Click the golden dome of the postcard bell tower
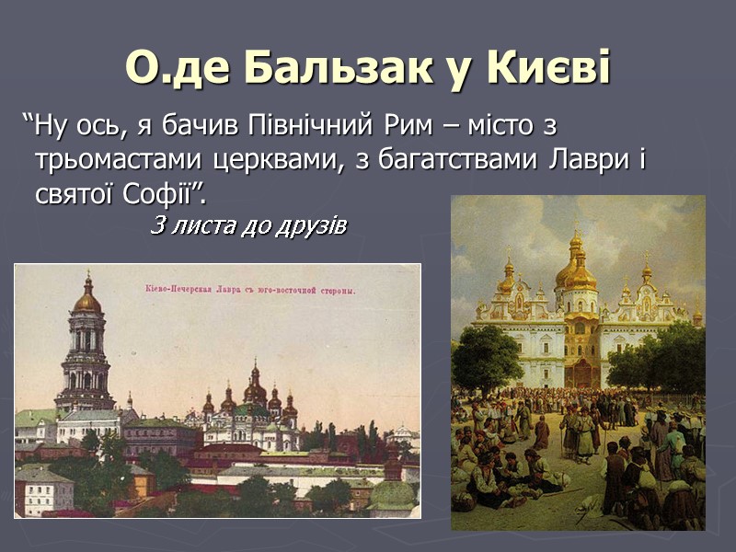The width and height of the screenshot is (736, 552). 87,299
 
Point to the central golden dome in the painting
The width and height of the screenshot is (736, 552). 576,269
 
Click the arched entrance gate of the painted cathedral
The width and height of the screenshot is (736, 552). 581,373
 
